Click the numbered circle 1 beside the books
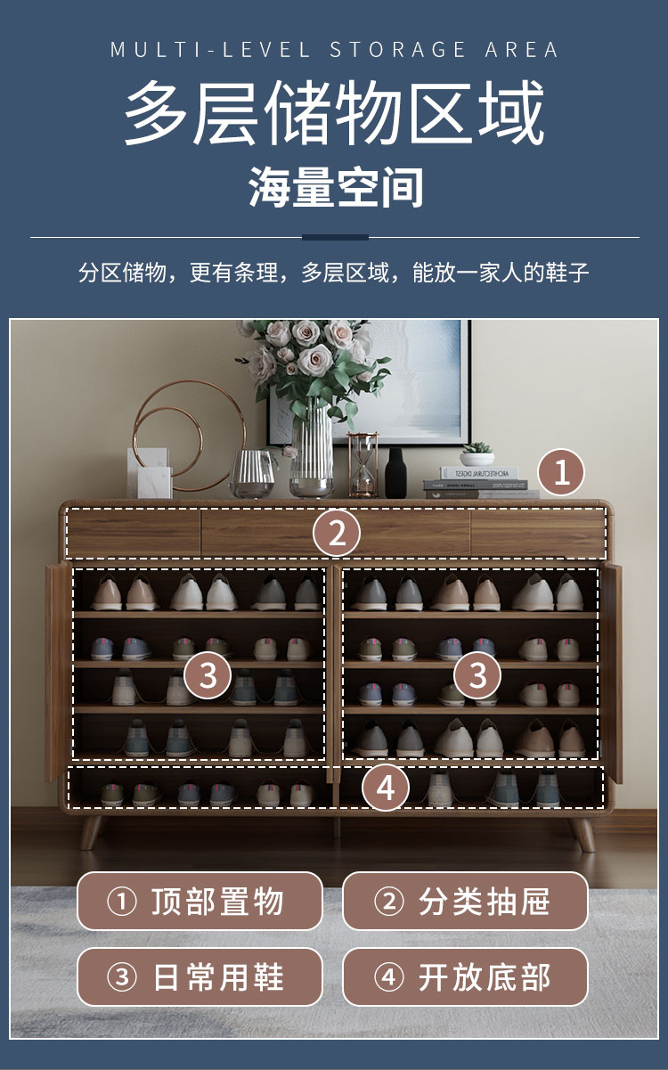[561, 472]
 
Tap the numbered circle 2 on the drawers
[337, 533]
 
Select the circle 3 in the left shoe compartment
[208, 675]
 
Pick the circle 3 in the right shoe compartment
[477, 675]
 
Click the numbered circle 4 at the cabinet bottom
[386, 788]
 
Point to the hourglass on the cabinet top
[363, 464]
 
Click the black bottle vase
[395, 473]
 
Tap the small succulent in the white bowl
[477, 453]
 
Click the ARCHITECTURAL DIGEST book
[478, 473]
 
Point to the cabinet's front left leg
[91, 833]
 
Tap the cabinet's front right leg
[582, 834]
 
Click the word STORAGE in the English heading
[398, 50]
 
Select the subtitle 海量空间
[336, 187]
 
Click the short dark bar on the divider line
[335, 237]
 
